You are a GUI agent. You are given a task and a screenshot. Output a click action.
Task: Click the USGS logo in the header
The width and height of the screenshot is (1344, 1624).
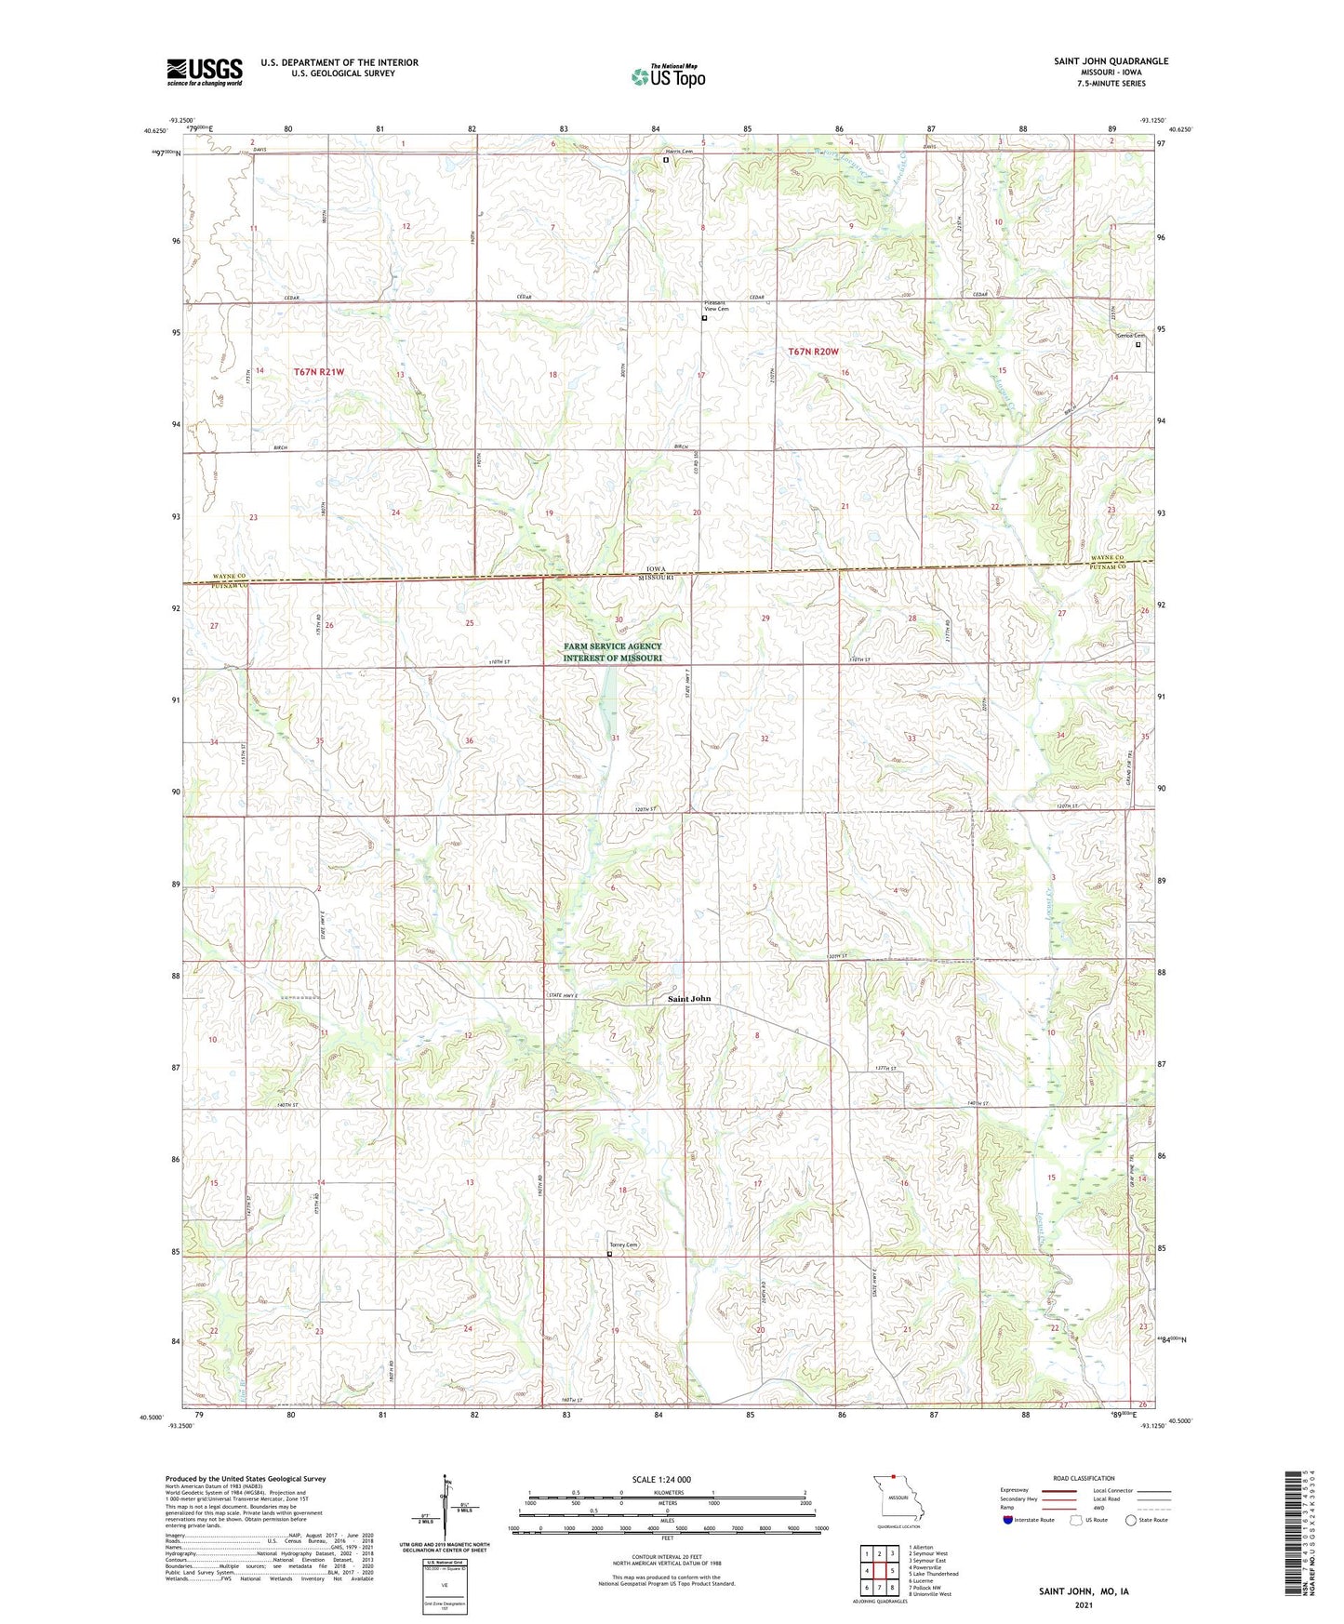[205, 72]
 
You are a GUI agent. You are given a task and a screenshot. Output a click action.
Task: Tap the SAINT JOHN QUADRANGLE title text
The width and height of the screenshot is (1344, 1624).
[1111, 61]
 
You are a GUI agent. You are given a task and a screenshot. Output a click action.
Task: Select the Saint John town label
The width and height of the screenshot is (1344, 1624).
[689, 999]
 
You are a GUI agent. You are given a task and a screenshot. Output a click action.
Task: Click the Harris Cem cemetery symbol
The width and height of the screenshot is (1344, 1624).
[666, 160]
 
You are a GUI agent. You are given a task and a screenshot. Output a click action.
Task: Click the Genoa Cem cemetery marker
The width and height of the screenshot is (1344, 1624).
[1138, 344]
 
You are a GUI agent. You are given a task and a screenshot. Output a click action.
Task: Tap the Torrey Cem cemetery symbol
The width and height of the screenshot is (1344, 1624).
[610, 1254]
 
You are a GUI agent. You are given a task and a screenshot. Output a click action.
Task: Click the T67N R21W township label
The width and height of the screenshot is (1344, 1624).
[319, 372]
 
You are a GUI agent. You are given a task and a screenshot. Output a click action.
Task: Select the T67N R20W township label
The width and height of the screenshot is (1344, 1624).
[813, 352]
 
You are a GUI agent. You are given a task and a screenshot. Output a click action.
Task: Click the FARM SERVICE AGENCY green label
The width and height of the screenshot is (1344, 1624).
[612, 652]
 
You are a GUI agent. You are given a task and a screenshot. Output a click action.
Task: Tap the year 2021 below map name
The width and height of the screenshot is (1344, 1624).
[1083, 1605]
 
